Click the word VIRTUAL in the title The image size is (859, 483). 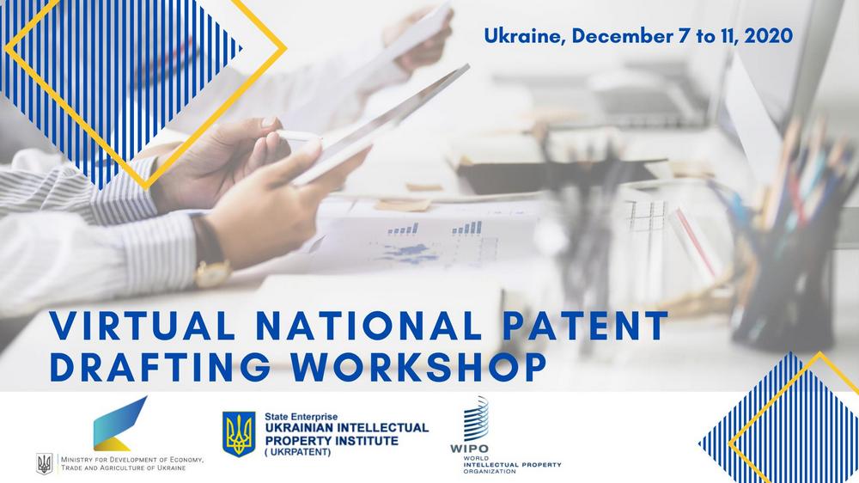click(x=143, y=326)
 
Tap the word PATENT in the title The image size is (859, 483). click(x=585, y=326)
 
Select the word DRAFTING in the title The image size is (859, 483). click(x=160, y=366)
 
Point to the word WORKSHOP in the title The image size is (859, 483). click(x=419, y=366)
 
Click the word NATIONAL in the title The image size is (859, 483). click(x=369, y=326)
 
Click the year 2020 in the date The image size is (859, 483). click(x=768, y=35)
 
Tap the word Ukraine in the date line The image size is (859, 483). click(x=525, y=36)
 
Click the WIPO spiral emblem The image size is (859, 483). click(x=476, y=419)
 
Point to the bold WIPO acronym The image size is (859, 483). click(x=469, y=449)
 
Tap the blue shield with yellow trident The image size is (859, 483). click(x=239, y=434)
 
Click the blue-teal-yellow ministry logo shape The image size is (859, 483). click(x=120, y=423)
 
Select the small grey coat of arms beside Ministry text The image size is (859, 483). click(x=45, y=463)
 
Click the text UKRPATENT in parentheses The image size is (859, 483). click(x=298, y=452)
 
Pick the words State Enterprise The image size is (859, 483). click(x=302, y=417)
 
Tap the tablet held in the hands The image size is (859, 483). click(x=378, y=125)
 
